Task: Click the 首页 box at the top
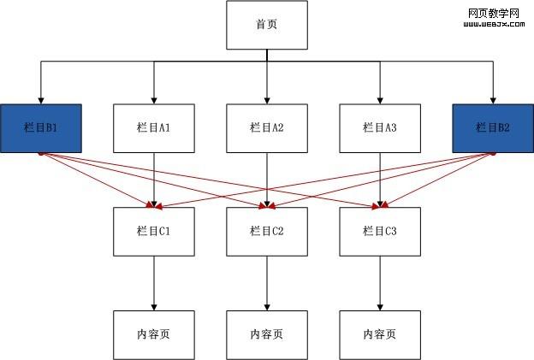coord(266,25)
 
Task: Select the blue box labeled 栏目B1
coord(41,128)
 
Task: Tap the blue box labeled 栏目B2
coord(492,128)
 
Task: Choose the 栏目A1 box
coord(154,128)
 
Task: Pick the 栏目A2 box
coord(266,128)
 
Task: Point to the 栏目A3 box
coord(379,128)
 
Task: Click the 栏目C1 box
coord(154,231)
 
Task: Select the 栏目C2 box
coord(266,231)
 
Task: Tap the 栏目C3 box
coord(379,231)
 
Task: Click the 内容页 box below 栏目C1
coord(154,334)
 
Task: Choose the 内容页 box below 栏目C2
coord(266,334)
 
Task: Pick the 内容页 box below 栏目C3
coord(379,334)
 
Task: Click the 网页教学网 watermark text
coord(495,15)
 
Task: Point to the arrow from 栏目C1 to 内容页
coord(154,282)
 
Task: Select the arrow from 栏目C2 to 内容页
coord(266,282)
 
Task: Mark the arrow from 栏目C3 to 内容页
coord(379,282)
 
